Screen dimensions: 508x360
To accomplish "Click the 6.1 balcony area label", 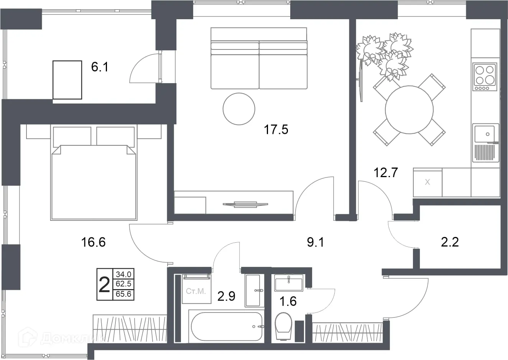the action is pos(100,67).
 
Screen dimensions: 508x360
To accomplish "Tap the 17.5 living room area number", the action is pos(276,130).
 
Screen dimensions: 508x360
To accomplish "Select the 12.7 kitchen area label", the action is pos(386,173).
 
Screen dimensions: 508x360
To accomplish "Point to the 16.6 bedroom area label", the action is pos(93,242).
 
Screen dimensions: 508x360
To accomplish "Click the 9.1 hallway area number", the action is pos(316,242).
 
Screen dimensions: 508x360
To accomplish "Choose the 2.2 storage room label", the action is pos(450,242).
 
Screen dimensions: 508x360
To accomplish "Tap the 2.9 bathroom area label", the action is pos(226,296).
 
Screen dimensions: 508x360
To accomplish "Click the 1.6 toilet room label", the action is pos(288,301).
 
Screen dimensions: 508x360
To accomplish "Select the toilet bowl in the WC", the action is pos(283,326).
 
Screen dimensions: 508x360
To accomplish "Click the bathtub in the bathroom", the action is pos(227,326).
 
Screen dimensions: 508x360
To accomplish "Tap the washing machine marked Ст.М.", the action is pos(196,289).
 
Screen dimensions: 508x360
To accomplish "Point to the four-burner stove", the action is pos(485,77).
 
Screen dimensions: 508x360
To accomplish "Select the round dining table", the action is pos(409,110).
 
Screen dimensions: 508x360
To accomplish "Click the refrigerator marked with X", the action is pos(427,182).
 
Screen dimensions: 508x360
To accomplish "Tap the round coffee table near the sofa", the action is pos(239,109).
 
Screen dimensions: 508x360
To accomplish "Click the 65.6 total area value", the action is pos(123,294).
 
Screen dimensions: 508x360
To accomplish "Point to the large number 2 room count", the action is pos(104,285).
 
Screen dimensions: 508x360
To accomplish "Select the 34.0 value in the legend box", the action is pos(123,275).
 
